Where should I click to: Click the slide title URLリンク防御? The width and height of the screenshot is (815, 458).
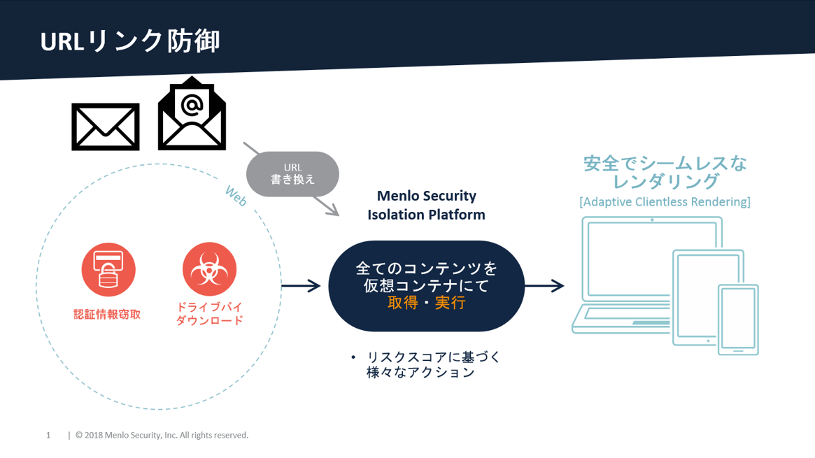pyautogui.click(x=130, y=41)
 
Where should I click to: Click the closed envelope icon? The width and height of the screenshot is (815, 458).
pyautogui.click(x=106, y=127)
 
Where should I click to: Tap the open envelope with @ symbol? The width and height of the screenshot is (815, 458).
pyautogui.click(x=192, y=113)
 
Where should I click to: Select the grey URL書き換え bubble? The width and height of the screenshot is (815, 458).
pyautogui.click(x=292, y=174)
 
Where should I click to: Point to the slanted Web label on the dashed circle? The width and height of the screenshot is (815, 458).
pyautogui.click(x=236, y=196)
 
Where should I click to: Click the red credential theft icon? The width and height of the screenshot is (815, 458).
pyautogui.click(x=108, y=269)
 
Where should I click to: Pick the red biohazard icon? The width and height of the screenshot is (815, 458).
pyautogui.click(x=209, y=269)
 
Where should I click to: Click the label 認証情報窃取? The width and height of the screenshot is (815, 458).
pyautogui.click(x=107, y=314)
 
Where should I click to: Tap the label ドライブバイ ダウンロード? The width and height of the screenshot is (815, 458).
pyautogui.click(x=209, y=314)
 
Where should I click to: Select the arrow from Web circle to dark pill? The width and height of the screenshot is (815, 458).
pyautogui.click(x=301, y=285)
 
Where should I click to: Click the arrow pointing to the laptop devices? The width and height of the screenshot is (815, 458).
pyautogui.click(x=544, y=285)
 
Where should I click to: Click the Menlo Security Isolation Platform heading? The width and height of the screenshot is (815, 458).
pyautogui.click(x=426, y=205)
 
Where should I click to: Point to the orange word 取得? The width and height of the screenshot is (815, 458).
pyautogui.click(x=403, y=303)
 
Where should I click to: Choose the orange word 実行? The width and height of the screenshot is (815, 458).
pyautogui.click(x=450, y=303)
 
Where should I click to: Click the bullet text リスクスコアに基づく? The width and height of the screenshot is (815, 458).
pyautogui.click(x=434, y=357)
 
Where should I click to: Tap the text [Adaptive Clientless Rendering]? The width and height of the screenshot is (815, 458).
pyautogui.click(x=665, y=202)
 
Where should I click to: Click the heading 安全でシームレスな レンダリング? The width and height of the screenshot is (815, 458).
pyautogui.click(x=665, y=173)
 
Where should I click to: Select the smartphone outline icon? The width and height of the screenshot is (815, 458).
pyautogui.click(x=738, y=320)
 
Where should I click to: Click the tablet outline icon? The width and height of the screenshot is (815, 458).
pyautogui.click(x=708, y=298)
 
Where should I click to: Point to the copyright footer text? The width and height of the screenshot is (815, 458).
pyautogui.click(x=162, y=435)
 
